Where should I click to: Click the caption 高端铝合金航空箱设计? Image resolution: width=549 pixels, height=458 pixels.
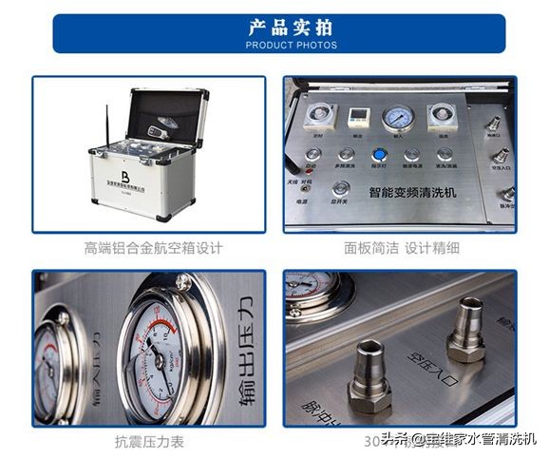153,249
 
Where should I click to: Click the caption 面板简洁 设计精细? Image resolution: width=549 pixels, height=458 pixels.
401,249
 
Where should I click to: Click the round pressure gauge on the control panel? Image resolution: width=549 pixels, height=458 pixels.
398,118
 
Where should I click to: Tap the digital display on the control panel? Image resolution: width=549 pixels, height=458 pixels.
358,117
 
